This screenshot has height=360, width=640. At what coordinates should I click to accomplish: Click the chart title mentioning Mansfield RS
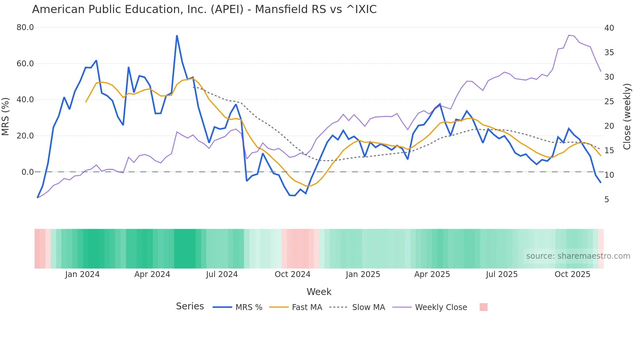pos(204,9)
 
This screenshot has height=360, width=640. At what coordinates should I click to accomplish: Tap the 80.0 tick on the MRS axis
pos(25,27)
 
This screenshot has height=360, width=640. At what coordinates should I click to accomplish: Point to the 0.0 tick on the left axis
pos(27,172)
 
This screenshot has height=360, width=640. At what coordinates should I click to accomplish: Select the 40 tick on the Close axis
pos(609,28)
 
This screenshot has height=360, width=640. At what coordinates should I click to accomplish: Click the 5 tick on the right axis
pos(607,199)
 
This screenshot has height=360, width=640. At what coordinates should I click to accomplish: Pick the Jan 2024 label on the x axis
pos(82,274)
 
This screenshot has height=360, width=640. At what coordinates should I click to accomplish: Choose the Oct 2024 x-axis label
pos(292,274)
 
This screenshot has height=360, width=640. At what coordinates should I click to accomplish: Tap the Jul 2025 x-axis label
pos(502,274)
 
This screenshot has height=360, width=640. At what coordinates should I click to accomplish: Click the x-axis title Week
pos(319,292)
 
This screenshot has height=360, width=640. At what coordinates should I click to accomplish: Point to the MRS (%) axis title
pos(6,116)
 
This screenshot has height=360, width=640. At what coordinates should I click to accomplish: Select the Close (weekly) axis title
pos(627,117)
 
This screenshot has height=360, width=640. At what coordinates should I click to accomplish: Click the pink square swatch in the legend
pos(483,307)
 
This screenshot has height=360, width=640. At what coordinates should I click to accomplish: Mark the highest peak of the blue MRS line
pos(177,36)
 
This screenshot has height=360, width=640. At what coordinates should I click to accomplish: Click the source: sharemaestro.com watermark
pos(578,256)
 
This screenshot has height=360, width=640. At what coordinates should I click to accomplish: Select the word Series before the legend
pos(190,306)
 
